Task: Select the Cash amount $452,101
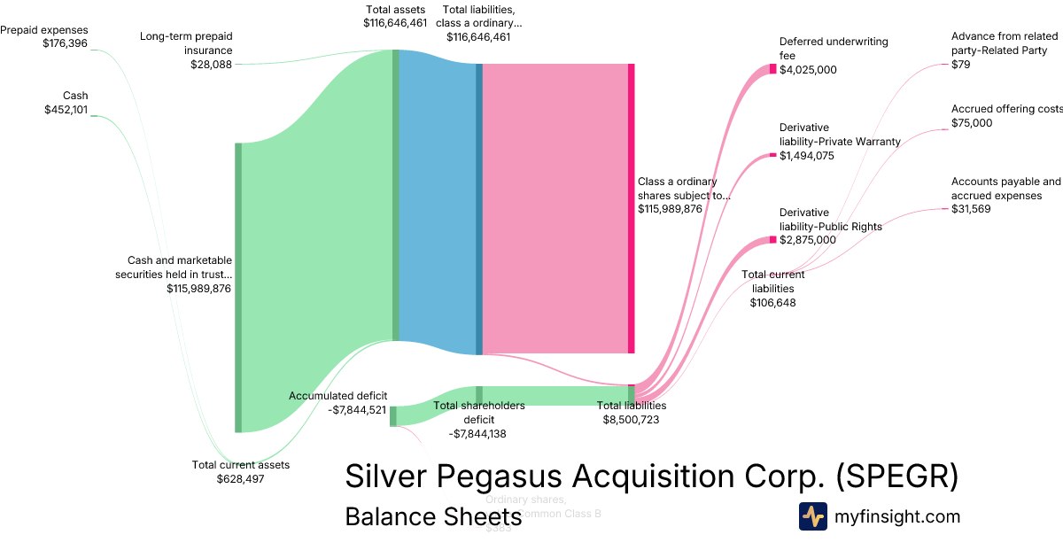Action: click(66, 109)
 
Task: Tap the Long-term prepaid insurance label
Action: click(186, 43)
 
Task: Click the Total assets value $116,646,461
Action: click(396, 23)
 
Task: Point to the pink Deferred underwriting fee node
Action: click(772, 69)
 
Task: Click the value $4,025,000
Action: click(808, 70)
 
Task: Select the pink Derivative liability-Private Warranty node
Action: click(772, 156)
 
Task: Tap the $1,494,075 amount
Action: click(808, 156)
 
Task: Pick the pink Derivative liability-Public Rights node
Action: click(772, 240)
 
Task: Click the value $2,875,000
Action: click(808, 240)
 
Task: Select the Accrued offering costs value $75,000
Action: click(972, 123)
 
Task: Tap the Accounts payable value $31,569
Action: click(971, 209)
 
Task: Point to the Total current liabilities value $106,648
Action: click(772, 303)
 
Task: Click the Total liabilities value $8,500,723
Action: click(631, 420)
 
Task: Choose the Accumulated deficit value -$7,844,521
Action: click(357, 410)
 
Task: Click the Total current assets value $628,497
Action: click(240, 479)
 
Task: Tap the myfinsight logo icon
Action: click(812, 516)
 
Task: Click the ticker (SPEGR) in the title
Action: click(896, 477)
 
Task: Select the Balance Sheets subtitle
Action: click(433, 517)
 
